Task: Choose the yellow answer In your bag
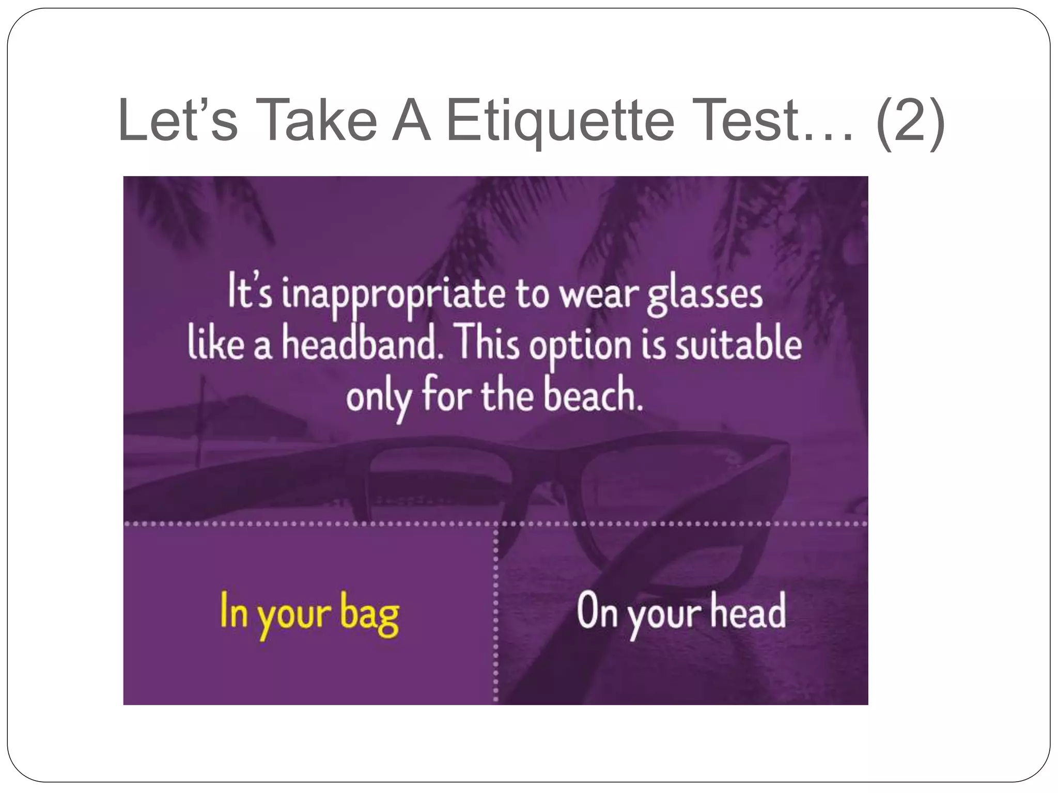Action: coord(309,613)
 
